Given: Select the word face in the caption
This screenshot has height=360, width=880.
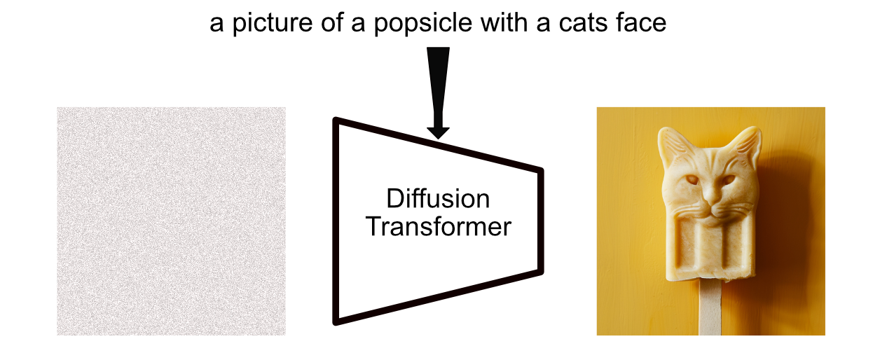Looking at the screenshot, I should tap(641, 24).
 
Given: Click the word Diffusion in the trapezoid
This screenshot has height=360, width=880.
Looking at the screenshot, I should tap(438, 199).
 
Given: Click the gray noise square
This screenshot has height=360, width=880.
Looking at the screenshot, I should tap(171, 221).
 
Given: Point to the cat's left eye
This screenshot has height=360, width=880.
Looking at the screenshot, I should tap(693, 180).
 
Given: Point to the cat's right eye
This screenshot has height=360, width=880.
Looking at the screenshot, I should tap(729, 179).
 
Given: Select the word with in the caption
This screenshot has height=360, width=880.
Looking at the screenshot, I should tap(488, 24).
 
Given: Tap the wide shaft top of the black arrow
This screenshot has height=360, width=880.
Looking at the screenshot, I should tap(438, 60).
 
